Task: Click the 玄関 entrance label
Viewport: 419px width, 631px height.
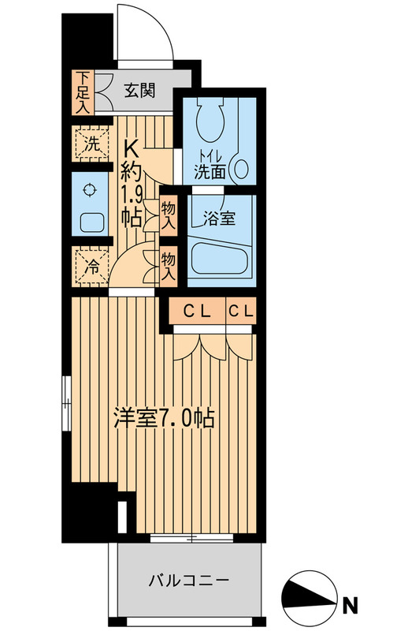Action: pyautogui.click(x=142, y=89)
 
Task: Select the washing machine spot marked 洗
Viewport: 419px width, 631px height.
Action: pyautogui.click(x=90, y=144)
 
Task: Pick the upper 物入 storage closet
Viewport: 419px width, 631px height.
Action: pyautogui.click(x=168, y=215)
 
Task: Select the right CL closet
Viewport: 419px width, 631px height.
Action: pyautogui.click(x=241, y=311)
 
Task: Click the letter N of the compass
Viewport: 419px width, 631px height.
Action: pyautogui.click(x=350, y=606)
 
